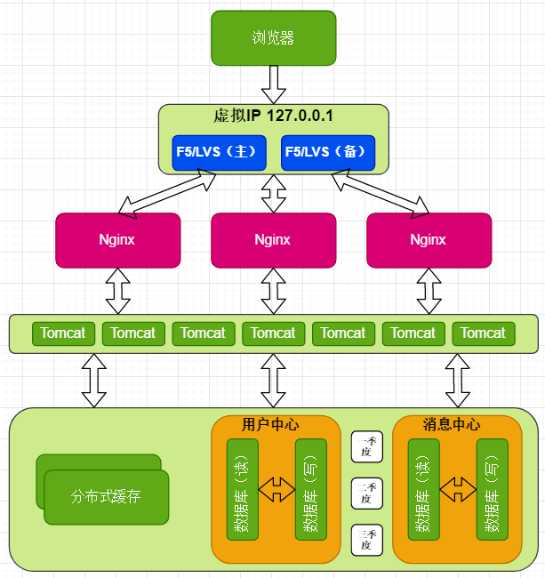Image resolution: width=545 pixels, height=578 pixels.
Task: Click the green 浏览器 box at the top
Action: tap(273, 37)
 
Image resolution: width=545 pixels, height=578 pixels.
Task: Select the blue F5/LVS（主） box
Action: tap(220, 152)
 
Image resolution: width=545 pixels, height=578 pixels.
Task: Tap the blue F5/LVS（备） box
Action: tap(327, 152)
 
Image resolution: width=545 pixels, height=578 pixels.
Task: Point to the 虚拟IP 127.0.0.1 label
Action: tap(273, 116)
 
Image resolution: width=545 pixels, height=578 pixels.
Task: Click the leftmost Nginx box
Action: tap(117, 240)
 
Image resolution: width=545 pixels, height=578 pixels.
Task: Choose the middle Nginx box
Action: tap(273, 240)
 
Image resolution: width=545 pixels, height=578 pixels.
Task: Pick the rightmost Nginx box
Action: tap(429, 240)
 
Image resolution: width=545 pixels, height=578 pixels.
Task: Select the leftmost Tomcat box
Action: tap(64, 333)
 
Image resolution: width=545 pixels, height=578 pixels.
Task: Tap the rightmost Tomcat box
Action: tap(483, 333)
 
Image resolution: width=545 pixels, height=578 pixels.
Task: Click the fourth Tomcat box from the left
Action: tap(273, 333)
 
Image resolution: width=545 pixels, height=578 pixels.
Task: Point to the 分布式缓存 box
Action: tap(106, 496)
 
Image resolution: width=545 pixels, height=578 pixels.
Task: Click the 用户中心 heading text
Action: tap(276, 424)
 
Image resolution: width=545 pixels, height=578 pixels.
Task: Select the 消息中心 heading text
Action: tap(457, 424)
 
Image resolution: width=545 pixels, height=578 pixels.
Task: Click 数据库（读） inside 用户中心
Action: tap(242, 489)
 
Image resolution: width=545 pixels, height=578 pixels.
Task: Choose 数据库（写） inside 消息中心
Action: tap(492, 489)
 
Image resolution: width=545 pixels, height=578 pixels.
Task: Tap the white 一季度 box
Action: tap(366, 446)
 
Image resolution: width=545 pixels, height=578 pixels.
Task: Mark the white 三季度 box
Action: tap(366, 540)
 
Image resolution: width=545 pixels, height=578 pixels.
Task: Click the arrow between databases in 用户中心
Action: tap(276, 488)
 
